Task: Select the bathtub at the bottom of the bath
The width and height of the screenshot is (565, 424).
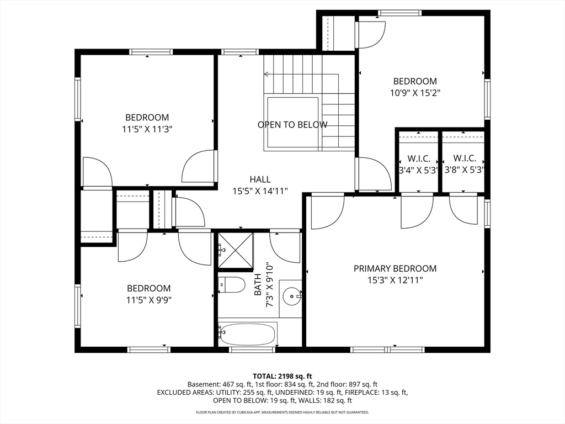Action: [248, 333]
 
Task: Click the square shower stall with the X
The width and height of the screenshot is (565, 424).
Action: [235, 250]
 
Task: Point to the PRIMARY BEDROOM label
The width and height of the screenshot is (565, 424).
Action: [395, 268]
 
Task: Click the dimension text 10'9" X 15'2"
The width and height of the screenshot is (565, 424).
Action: [415, 93]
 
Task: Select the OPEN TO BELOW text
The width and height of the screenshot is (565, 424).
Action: [292, 125]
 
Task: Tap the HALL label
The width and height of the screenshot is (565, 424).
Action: [260, 179]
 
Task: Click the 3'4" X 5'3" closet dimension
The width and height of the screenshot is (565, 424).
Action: [418, 170]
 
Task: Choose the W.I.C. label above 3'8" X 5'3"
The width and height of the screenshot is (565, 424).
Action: [464, 158]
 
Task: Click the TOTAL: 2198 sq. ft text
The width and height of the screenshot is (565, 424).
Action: [282, 375]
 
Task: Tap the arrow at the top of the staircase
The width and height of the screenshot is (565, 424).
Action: [267, 73]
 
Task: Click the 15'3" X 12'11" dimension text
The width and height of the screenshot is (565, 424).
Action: [395, 280]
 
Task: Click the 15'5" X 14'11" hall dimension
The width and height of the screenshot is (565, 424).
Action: [260, 191]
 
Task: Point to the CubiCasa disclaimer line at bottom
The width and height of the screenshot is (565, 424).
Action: [282, 412]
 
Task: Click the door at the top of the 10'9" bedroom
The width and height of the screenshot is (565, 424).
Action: [370, 33]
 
